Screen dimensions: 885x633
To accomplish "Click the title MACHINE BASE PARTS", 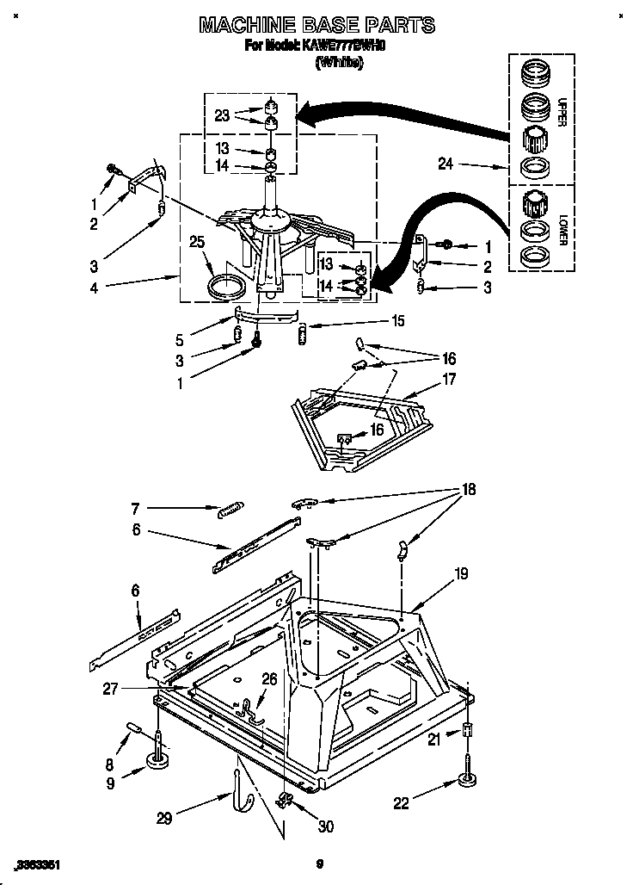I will click(x=316, y=25).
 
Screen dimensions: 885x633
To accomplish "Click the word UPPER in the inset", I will click(x=562, y=113).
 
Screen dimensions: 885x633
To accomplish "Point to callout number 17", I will click(x=449, y=379).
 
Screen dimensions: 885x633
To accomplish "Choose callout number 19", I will click(x=462, y=572).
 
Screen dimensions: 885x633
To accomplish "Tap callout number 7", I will click(x=135, y=508).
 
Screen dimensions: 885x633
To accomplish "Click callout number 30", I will click(x=325, y=827).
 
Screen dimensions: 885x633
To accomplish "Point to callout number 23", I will click(x=222, y=115).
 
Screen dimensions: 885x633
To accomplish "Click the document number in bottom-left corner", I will click(x=36, y=864).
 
